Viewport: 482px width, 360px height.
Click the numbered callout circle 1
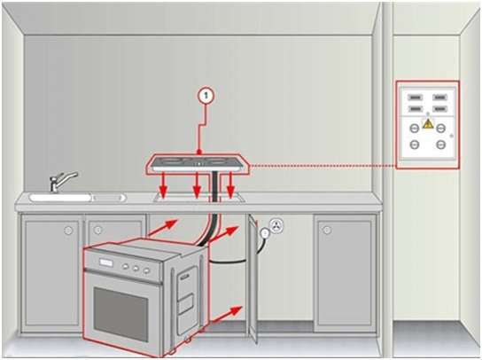(206, 96)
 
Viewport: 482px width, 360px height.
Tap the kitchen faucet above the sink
(62, 181)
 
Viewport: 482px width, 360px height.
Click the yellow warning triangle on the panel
(428, 124)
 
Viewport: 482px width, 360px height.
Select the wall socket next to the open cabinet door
(276, 225)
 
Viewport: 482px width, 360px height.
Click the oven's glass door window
(120, 314)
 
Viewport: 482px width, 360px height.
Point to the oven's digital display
(105, 262)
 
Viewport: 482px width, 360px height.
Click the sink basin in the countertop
(60, 197)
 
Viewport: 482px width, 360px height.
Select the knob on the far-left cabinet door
(68, 230)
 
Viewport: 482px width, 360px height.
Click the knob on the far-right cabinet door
(327, 230)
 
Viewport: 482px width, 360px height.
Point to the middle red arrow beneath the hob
(197, 184)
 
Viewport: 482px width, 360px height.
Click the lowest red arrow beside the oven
(226, 314)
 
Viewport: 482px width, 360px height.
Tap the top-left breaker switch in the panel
(415, 98)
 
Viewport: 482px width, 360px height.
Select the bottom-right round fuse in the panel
(441, 144)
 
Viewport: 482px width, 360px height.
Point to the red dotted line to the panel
(323, 166)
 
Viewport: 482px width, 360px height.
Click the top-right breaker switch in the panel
(439, 98)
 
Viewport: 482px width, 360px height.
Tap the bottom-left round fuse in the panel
(415, 144)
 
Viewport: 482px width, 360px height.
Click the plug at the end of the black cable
(264, 233)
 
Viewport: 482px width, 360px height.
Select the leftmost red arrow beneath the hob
(164, 184)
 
